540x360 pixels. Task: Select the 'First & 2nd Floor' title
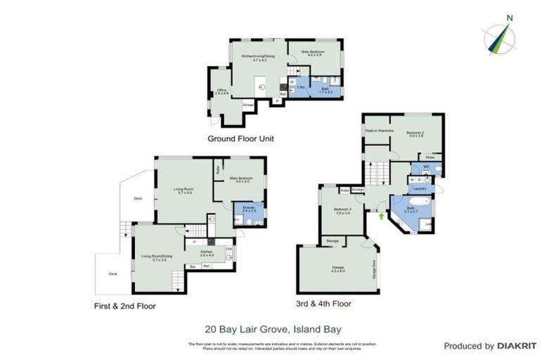coord(124,306)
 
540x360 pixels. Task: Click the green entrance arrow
coord(382,216)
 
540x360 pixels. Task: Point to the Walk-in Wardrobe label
coord(378,131)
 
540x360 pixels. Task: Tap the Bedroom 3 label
coord(342,211)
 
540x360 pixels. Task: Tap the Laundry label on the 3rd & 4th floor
coord(420,188)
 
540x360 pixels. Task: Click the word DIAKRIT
coord(500,346)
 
